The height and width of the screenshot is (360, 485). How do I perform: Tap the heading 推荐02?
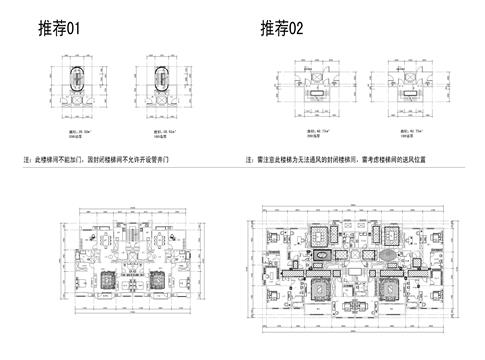point(280,31)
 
